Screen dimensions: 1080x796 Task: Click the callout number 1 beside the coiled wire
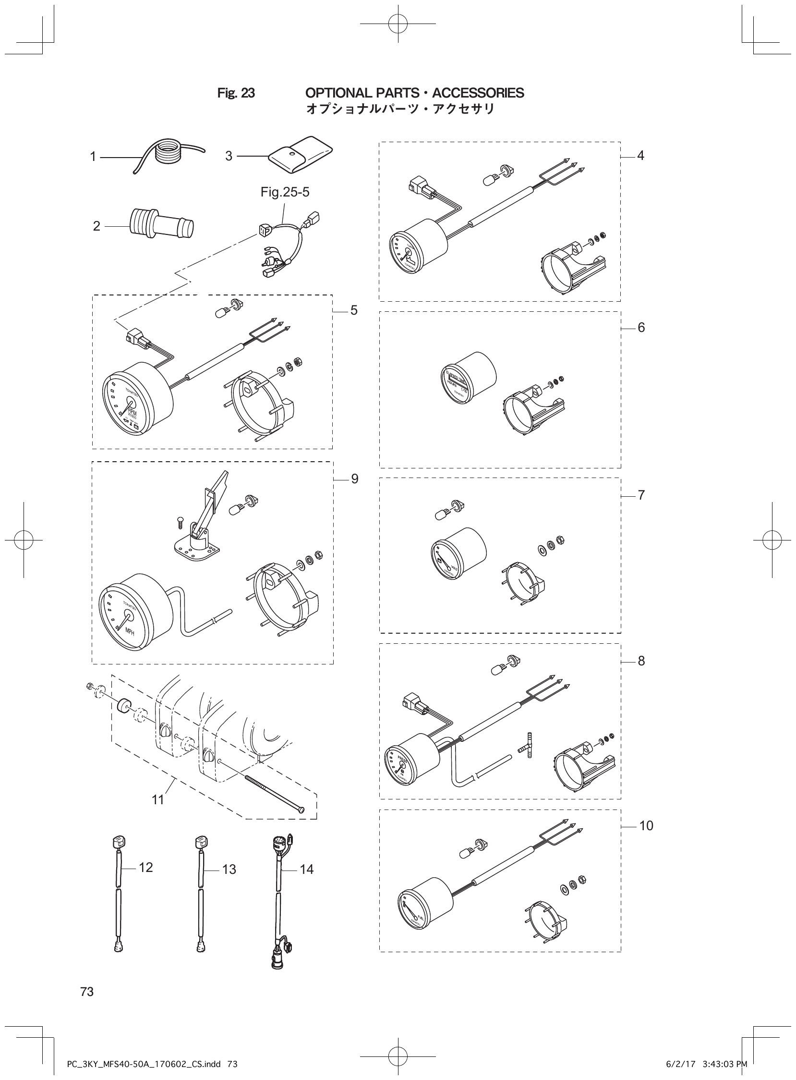93,157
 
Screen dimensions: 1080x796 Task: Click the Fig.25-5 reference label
285,192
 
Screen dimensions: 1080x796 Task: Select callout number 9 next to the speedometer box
355,479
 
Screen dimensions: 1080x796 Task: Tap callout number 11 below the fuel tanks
158,800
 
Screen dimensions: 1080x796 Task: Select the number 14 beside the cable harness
306,870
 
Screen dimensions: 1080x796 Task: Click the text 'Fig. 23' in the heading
236,93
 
